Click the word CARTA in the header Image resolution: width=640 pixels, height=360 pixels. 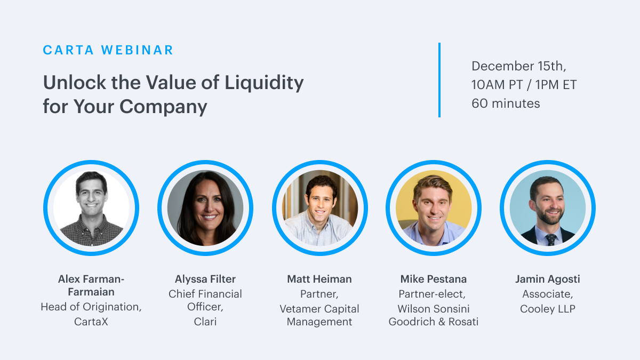tap(68, 50)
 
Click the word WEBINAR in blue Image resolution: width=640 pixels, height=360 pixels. tap(137, 50)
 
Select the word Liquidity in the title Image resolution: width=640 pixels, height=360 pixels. tap(264, 83)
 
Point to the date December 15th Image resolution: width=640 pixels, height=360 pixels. tap(519, 66)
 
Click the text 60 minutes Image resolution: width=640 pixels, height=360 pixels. tap(506, 103)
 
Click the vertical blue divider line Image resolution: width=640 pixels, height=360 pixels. tap(439, 80)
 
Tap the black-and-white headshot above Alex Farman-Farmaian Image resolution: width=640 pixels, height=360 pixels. tap(91, 208)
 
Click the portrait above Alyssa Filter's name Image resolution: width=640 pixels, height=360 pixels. tap(205, 208)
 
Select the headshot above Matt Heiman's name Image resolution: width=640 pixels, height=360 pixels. tap(319, 208)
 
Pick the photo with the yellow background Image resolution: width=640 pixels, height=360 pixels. tap(434, 208)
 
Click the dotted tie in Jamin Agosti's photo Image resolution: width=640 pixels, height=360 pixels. tap(550, 239)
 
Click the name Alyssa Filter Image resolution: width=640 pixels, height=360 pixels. tap(205, 279)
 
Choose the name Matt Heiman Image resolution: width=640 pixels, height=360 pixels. tap(319, 279)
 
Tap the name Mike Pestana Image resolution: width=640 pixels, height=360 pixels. tap(434, 279)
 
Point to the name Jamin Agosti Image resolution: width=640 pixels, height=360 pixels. tap(548, 279)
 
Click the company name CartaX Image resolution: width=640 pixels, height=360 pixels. tap(91, 322)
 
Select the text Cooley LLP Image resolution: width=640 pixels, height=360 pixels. tap(548, 309)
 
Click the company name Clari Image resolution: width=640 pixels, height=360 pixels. tap(205, 322)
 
